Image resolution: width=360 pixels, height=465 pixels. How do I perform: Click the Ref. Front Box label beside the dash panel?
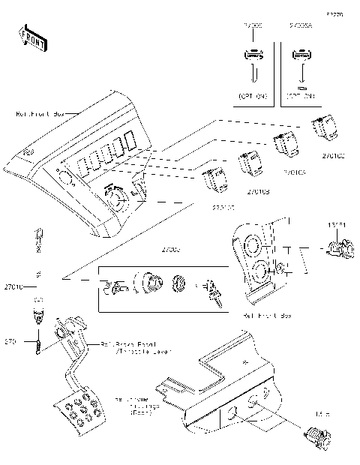[x=41, y=113]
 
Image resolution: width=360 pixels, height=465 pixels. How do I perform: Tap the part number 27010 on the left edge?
[x=14, y=286]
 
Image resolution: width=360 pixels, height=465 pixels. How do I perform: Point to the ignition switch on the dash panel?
[x=116, y=197]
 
